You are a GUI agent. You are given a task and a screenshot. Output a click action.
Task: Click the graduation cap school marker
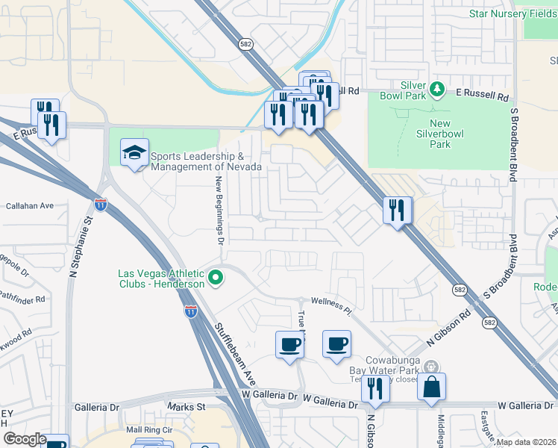pyautogui.click(x=135, y=154)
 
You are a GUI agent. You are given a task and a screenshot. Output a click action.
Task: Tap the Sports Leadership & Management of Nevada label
pyautogui.click(x=206, y=162)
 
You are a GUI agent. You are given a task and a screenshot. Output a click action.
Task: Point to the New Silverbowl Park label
pyautogui.click(x=440, y=134)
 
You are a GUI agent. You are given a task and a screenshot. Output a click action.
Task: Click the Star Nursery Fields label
pyautogui.click(x=512, y=13)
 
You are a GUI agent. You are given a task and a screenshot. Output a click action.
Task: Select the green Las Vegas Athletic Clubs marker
pyautogui.click(x=216, y=279)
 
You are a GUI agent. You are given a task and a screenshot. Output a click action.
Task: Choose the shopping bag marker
pyautogui.click(x=431, y=387)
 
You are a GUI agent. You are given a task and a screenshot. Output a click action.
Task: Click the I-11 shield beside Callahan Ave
pyautogui.click(x=100, y=203)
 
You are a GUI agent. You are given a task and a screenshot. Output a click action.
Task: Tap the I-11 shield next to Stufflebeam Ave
pyautogui.click(x=191, y=312)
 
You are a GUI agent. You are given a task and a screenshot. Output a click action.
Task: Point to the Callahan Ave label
pyautogui.click(x=30, y=205)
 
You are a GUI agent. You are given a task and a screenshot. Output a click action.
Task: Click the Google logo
pyautogui.click(x=24, y=439)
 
